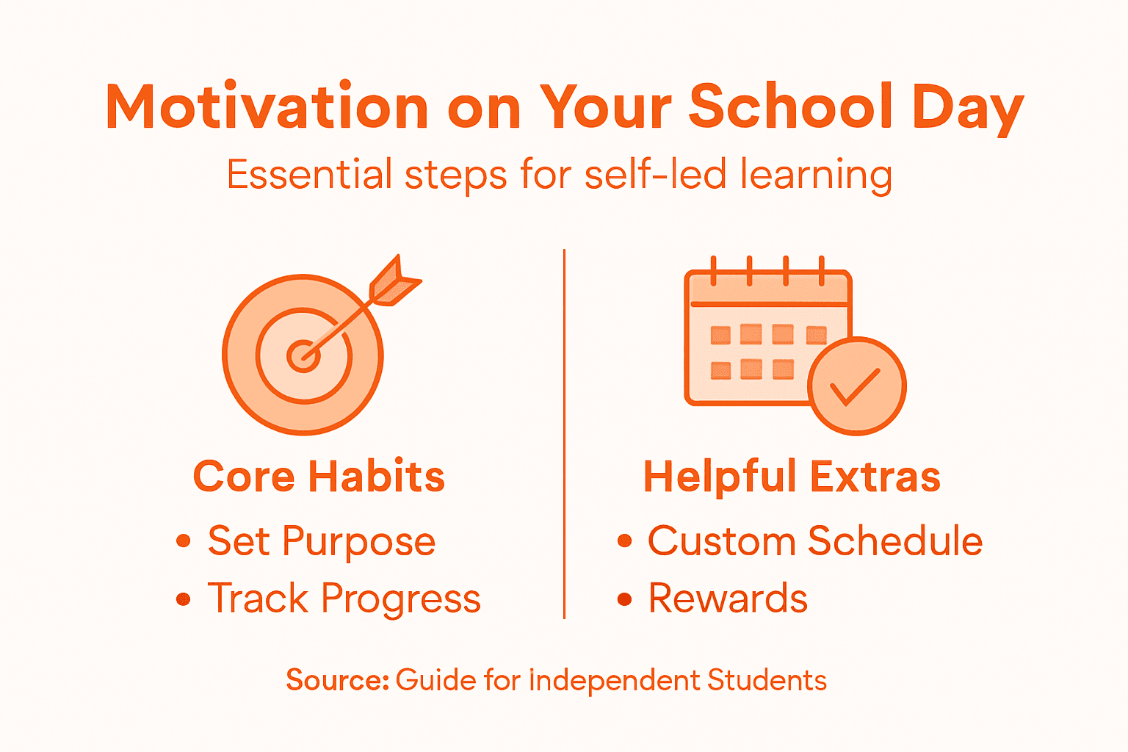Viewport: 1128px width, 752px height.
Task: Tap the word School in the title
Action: pos(791,107)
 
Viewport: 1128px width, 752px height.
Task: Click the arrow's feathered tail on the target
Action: pos(394,281)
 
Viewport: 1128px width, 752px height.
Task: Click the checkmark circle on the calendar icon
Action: pos(856,386)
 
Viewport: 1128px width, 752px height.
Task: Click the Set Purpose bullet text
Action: pos(322,542)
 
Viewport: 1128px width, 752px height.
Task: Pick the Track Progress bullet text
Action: pos(344,599)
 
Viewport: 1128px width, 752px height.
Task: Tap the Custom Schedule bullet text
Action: pos(815,541)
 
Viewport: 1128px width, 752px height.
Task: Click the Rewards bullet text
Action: pos(728,599)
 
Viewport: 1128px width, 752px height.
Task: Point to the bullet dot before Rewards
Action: pos(625,599)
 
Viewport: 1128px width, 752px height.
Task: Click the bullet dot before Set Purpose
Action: pos(184,542)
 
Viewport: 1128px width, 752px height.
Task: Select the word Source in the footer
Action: pos(336,680)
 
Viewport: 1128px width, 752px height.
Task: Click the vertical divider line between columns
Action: pos(564,433)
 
